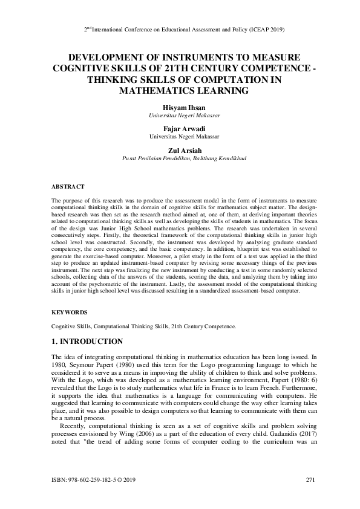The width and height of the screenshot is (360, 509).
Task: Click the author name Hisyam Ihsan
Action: [x=179, y=107]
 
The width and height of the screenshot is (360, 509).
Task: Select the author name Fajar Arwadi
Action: [x=179, y=129]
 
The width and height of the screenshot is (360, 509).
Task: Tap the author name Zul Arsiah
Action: [x=179, y=151]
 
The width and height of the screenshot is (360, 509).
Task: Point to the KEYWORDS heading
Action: [x=70, y=313]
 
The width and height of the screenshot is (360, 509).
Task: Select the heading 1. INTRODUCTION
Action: [x=87, y=342]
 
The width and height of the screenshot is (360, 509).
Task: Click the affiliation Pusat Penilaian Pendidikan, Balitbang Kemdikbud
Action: [x=180, y=158]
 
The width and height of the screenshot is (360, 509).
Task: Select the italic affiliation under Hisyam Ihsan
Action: [x=179, y=115]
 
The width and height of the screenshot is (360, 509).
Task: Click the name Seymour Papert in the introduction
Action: [x=91, y=366]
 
